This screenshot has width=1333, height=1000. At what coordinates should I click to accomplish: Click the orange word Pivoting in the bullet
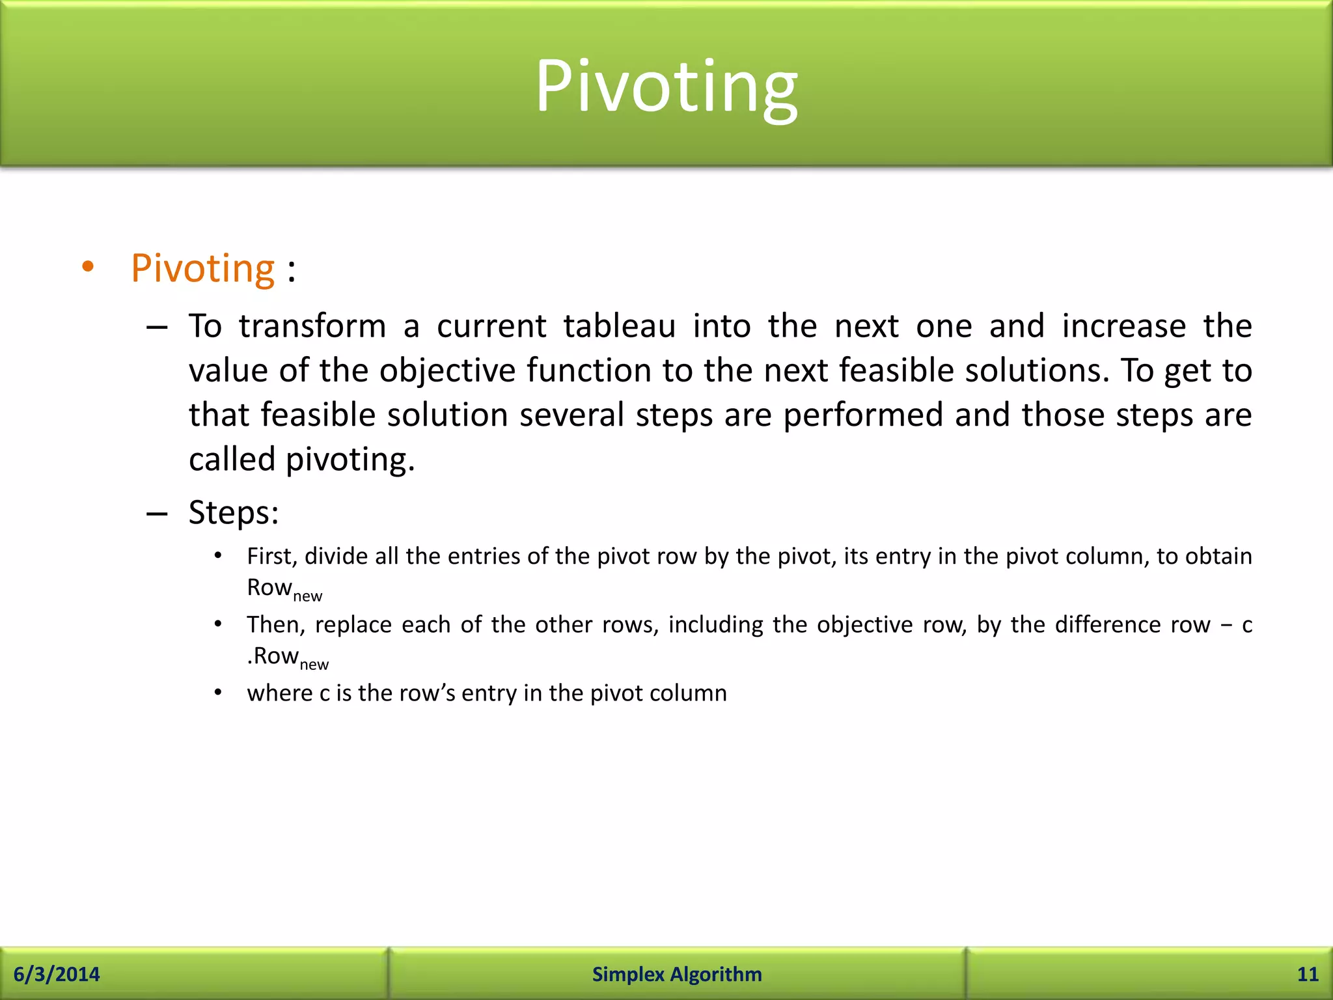203,268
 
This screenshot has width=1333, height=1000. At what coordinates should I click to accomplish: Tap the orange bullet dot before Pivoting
88,266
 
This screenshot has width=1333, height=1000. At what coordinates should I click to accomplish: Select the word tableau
619,326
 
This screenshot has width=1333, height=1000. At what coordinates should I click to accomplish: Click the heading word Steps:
234,512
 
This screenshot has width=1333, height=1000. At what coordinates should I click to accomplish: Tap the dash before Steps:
157,514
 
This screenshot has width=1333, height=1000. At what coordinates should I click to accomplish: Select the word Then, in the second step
276,624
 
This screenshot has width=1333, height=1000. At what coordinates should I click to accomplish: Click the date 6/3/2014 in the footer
57,974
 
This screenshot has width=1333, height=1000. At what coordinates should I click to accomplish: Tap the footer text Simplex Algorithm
677,974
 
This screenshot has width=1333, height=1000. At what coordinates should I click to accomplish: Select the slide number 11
1308,974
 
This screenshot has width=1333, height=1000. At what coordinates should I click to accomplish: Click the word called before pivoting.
232,460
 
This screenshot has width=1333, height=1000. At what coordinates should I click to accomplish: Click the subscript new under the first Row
308,596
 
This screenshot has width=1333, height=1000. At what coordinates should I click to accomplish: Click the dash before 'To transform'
157,327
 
